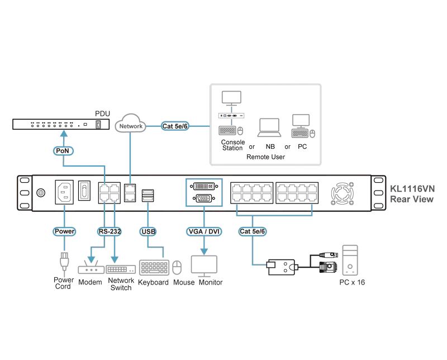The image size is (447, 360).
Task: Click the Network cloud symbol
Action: pos(131,124)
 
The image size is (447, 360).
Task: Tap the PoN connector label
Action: pos(63,150)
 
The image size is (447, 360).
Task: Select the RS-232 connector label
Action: pos(110,231)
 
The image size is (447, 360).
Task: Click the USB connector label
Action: pos(148,231)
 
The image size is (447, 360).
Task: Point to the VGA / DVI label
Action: pos(204,231)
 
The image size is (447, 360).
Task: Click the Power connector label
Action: pos(64,231)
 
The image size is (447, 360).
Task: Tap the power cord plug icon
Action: pos(64,262)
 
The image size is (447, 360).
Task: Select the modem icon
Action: pos(91,267)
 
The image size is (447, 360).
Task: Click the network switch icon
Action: pos(121,269)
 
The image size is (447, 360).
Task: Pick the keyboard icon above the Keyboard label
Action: pos(154,268)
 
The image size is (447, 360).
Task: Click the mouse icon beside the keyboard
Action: pos(177,268)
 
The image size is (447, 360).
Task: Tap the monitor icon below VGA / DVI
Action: pos(204,266)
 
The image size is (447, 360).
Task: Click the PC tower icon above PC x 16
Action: pos(350,260)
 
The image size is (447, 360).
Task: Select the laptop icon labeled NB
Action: pos(269,128)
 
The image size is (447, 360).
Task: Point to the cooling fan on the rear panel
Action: pos(343,193)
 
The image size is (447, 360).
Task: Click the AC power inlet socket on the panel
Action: pos(64,192)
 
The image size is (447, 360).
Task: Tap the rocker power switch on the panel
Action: pos(84,191)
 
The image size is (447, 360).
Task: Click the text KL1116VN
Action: pos(412,188)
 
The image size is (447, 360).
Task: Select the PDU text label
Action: pos(102,113)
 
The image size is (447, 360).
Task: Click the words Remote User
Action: pos(266,157)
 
